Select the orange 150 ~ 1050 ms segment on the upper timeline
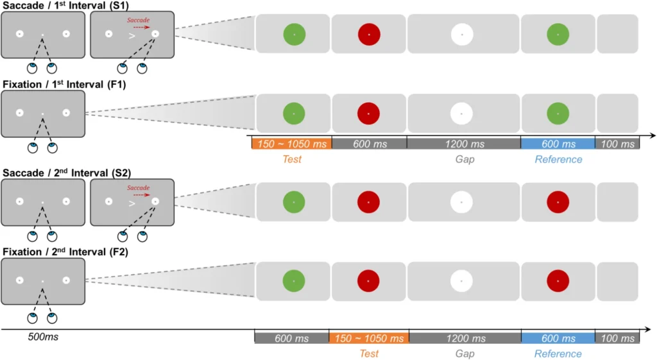(x=291, y=144)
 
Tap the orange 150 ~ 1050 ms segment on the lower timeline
(x=368, y=338)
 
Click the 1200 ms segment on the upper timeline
(x=463, y=144)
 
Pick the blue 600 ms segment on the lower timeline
(x=558, y=338)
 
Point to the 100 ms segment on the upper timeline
(x=617, y=144)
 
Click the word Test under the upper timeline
(x=291, y=159)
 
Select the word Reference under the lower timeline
(x=558, y=354)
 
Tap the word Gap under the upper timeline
(x=464, y=159)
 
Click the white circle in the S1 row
(x=462, y=34)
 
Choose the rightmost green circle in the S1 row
(x=558, y=34)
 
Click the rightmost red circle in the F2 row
(x=558, y=281)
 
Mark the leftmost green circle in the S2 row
(x=294, y=202)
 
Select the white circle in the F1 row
(x=462, y=114)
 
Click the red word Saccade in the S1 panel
(x=138, y=21)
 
